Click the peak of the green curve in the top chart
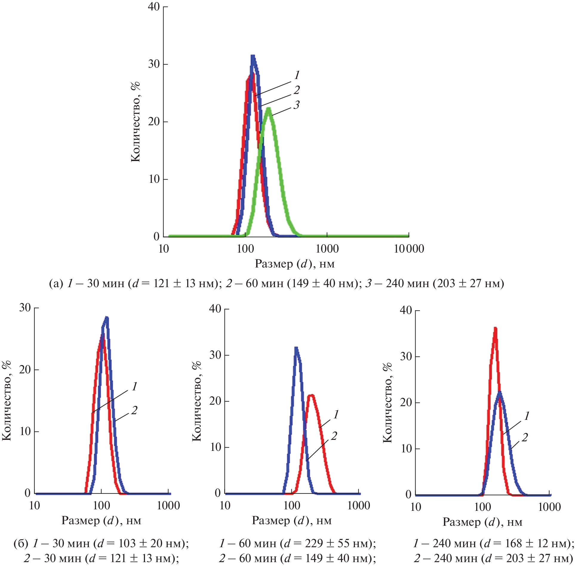pyautogui.click(x=269, y=109)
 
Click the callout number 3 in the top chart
pyautogui.click(x=296, y=105)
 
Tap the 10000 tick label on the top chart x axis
pyautogui.click(x=409, y=249)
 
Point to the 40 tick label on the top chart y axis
pyautogui.click(x=154, y=7)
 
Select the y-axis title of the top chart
pyautogui.click(x=136, y=122)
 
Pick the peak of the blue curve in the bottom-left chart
pyautogui.click(x=106, y=318)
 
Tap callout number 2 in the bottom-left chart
pyautogui.click(x=134, y=410)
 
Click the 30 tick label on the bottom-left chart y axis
pyautogui.click(x=25, y=307)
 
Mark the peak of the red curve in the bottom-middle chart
pyautogui.click(x=311, y=396)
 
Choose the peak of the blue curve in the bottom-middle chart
pyautogui.click(x=296, y=348)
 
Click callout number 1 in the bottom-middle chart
pyautogui.click(x=336, y=414)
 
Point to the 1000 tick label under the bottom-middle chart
pyautogui.click(x=359, y=505)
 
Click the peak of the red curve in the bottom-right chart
pyautogui.click(x=495, y=328)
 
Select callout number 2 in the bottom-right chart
pyautogui.click(x=525, y=437)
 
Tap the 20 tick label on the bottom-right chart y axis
pyautogui.click(x=406, y=402)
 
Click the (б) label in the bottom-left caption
pyautogui.click(x=21, y=543)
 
